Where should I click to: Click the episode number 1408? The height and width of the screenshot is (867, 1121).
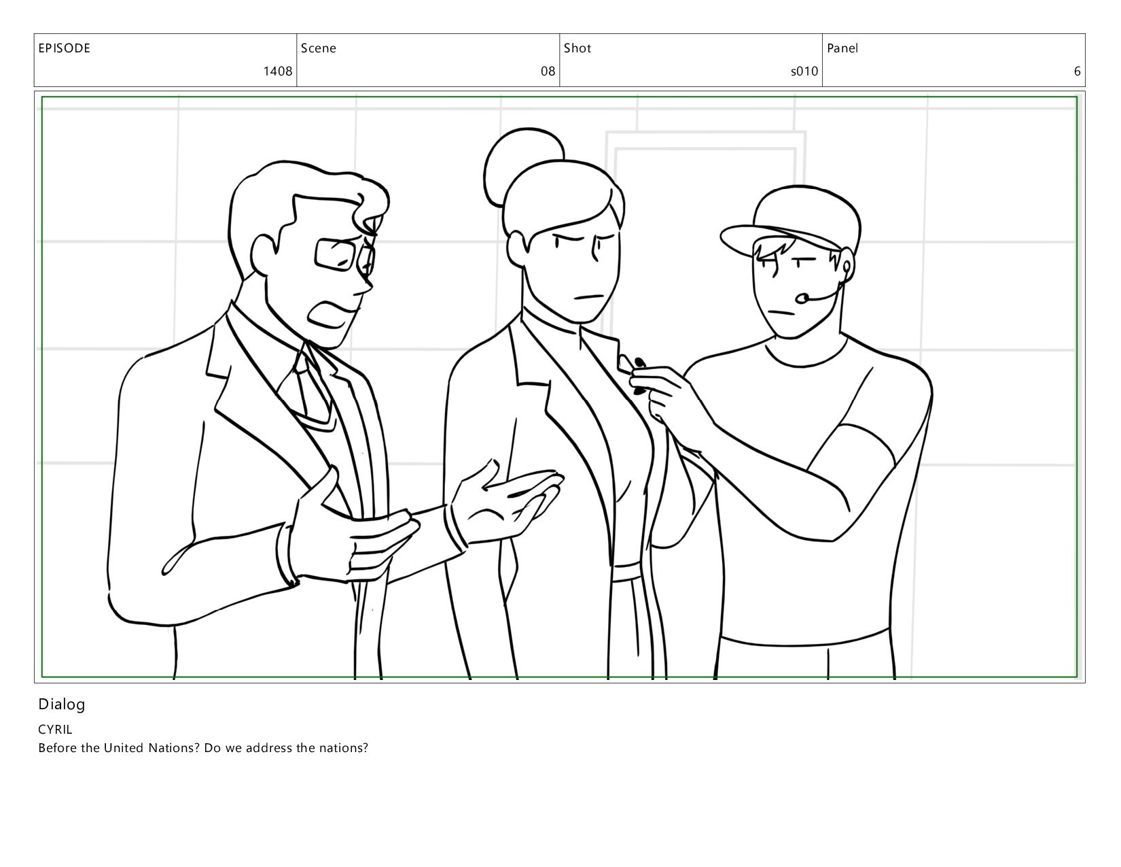(278, 71)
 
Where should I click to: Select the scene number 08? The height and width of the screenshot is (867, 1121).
(548, 71)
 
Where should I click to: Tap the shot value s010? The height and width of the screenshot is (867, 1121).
(804, 71)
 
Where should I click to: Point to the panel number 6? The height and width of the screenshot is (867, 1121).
(1077, 71)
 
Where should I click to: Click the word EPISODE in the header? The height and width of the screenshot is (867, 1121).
(64, 48)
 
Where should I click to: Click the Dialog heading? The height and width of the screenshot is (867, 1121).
(61, 704)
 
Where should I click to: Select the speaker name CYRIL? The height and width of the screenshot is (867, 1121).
(54, 729)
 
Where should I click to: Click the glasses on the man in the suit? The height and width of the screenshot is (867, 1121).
(344, 256)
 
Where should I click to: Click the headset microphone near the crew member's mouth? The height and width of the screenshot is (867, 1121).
(802, 298)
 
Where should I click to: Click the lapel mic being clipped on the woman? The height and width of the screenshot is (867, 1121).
(639, 364)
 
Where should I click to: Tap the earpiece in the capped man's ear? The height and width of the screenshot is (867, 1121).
(847, 267)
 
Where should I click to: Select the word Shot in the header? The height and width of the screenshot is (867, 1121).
(577, 48)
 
